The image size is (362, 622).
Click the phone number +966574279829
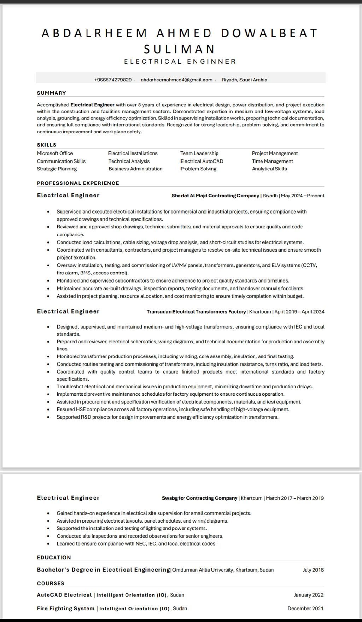[x=113, y=80]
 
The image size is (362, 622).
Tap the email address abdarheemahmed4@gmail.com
[x=176, y=80]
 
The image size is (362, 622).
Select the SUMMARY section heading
[x=52, y=93]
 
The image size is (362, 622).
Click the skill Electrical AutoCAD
[x=202, y=161]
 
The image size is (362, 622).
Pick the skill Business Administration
[x=135, y=169]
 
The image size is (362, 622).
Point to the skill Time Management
[x=272, y=161]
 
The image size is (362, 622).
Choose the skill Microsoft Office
[x=55, y=153]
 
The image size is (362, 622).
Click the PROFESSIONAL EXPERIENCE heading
[x=78, y=183]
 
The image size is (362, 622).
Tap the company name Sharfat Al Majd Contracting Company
[x=215, y=196]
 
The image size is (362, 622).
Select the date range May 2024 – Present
[x=303, y=196]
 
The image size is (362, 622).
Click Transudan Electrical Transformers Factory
[x=196, y=312]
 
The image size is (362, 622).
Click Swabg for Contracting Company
[x=199, y=498]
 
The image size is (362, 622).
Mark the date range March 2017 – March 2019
[x=295, y=498]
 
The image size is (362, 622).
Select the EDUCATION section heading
[x=54, y=557]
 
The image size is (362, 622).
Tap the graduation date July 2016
[x=313, y=570]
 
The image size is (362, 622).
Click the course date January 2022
[x=309, y=595]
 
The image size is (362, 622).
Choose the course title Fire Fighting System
[x=65, y=608]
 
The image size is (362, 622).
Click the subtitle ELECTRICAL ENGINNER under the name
[x=180, y=62]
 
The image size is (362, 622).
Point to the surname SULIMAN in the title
[x=180, y=48]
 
